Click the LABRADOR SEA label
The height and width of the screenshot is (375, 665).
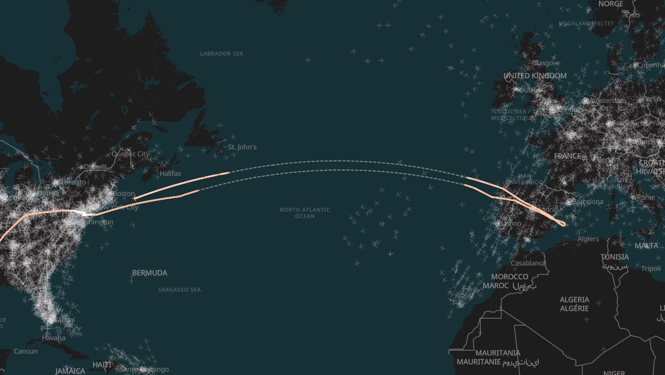[221, 54]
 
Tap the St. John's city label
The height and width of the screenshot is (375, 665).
[242, 147]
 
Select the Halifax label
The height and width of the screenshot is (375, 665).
[170, 174]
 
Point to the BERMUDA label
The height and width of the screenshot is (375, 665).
[149, 273]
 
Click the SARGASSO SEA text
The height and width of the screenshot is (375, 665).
[179, 290]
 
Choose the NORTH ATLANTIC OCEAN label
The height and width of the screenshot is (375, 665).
[305, 212]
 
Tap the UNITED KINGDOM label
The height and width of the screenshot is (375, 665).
[535, 76]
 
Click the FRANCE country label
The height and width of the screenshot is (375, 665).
[568, 156]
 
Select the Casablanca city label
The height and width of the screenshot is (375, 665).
[528, 263]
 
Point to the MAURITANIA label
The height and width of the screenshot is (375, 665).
[498, 353]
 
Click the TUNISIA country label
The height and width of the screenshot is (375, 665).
[614, 257]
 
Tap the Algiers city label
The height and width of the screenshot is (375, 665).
[588, 239]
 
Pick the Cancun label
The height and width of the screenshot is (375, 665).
[26, 351]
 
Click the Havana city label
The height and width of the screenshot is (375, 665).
[54, 338]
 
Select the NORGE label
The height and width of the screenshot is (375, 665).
[611, 4]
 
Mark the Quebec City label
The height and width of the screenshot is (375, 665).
[130, 154]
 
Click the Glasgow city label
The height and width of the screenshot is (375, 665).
[546, 63]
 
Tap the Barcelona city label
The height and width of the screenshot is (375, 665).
[588, 202]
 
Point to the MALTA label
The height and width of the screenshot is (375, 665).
[646, 246]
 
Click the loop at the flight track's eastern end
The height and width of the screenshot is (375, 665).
[562, 224]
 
